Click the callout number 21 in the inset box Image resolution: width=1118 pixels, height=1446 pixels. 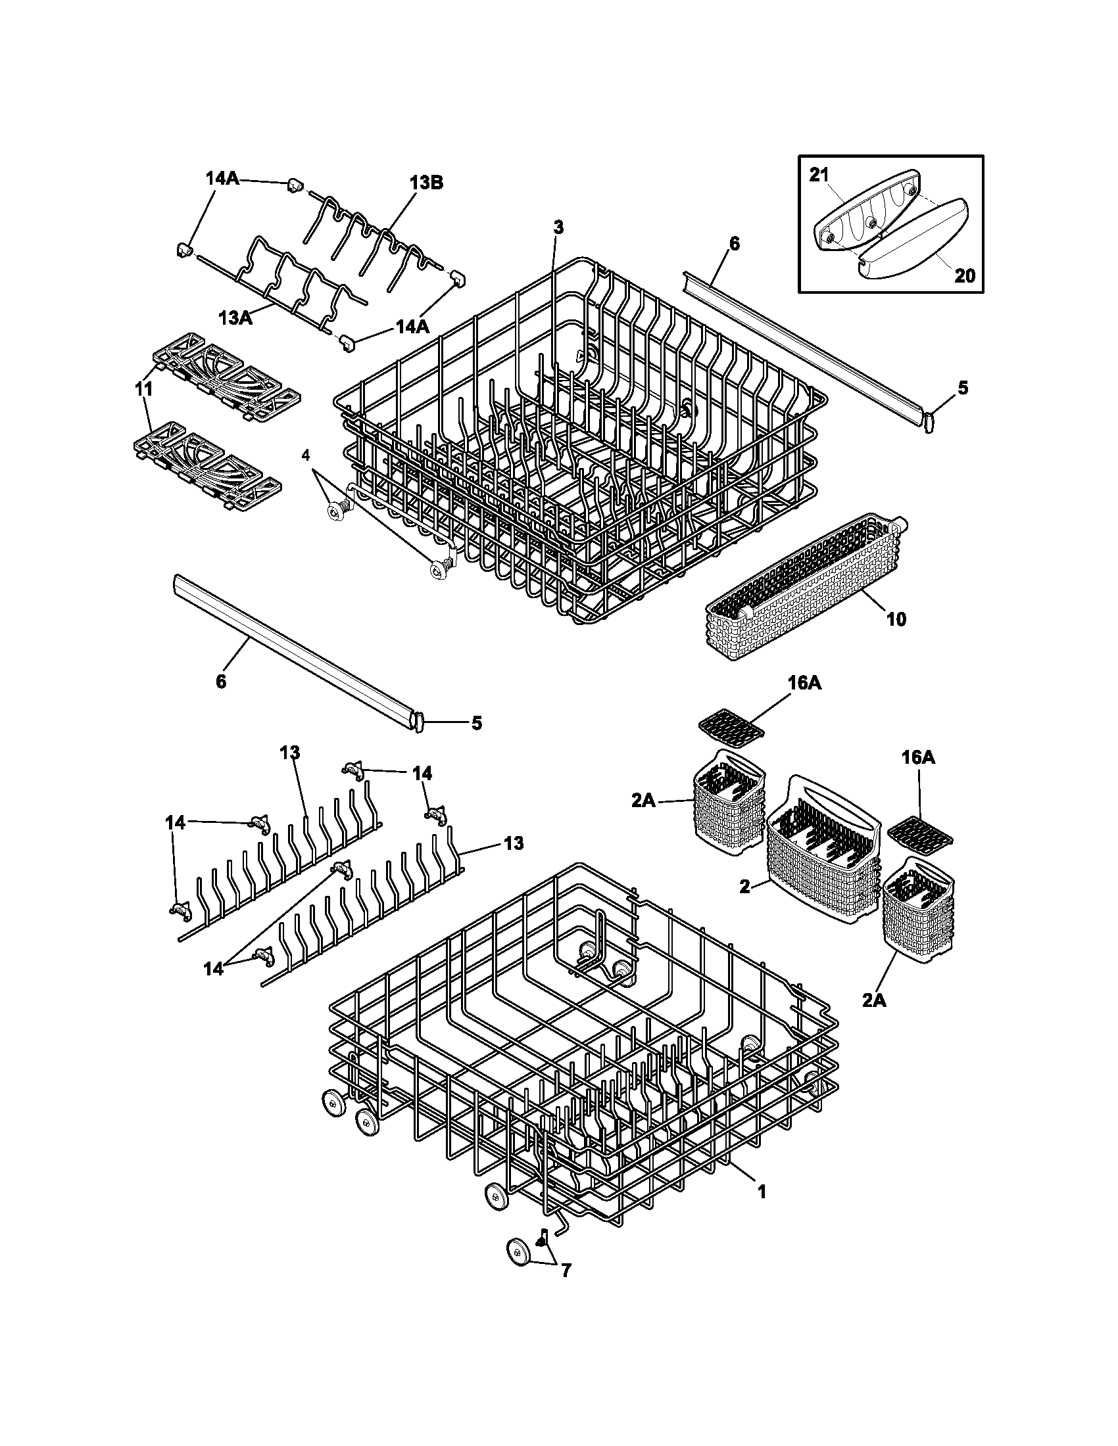pos(819,175)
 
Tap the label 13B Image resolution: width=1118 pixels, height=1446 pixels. pos(425,183)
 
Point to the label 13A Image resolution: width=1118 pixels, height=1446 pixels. pos(236,318)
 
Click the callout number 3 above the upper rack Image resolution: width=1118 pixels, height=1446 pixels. pos(558,228)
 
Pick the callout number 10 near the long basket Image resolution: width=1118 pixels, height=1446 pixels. pos(896,619)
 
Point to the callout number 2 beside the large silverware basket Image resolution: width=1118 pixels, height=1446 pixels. pos(745,887)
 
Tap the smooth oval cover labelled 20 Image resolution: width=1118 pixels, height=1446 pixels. pos(914,239)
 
